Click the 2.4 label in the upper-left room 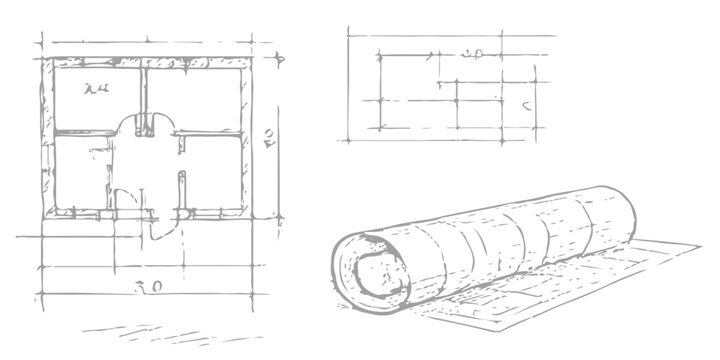pyautogui.click(x=98, y=90)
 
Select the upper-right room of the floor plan pyautogui.click(x=196, y=97)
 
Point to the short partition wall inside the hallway pyautogui.click(x=181, y=190)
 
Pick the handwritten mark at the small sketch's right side pyautogui.click(x=526, y=102)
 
